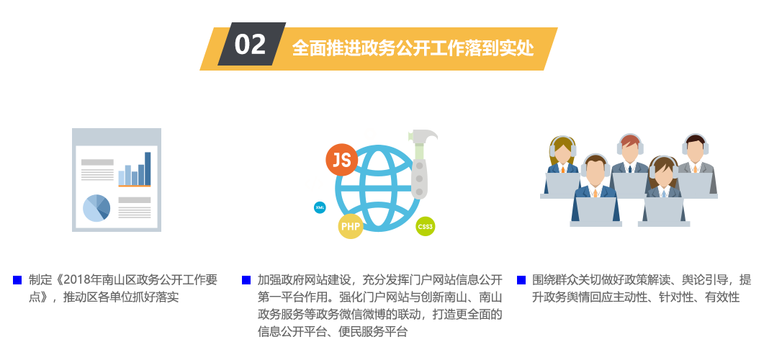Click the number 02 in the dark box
click(250, 45)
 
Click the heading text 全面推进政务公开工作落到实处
click(413, 48)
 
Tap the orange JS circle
click(341, 160)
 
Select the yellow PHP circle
click(351, 227)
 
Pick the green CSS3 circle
click(426, 227)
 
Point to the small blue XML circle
click(320, 208)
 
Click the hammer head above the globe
click(423, 137)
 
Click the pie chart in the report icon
click(96, 208)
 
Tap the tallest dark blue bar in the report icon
click(148, 168)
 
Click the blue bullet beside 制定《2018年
click(17, 280)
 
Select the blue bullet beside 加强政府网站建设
click(246, 280)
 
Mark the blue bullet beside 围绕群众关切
click(521, 280)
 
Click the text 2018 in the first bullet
click(75, 280)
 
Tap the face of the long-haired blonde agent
click(563, 153)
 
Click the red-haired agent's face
click(630, 150)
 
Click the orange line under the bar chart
click(135, 186)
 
